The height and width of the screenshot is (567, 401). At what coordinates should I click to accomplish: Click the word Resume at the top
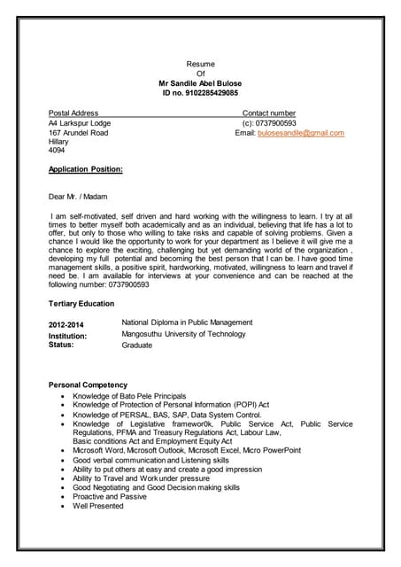[200, 64]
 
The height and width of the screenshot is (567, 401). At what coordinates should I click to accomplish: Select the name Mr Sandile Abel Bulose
[200, 82]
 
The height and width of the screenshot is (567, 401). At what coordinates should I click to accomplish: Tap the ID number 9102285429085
[200, 92]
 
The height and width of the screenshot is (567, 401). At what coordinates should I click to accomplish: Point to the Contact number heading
[269, 113]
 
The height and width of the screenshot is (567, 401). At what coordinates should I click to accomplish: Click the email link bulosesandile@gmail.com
[300, 133]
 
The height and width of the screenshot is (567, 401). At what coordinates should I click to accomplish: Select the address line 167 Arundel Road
[78, 133]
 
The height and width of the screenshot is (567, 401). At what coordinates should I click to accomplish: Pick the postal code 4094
[57, 151]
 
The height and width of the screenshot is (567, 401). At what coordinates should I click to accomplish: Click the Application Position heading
[85, 169]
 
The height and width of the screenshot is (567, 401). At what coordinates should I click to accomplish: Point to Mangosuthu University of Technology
[183, 334]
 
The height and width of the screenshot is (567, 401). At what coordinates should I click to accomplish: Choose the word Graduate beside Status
[136, 345]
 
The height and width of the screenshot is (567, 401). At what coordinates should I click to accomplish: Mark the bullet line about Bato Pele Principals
[129, 395]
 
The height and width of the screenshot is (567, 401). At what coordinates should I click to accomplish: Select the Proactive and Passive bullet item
[110, 496]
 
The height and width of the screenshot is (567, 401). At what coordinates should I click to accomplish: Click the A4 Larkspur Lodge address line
[79, 123]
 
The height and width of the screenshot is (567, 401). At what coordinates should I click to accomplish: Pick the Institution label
[67, 337]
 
